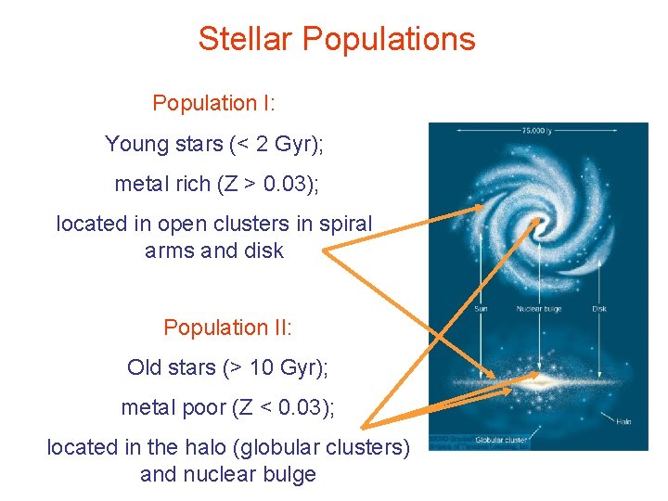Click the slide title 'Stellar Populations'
click(x=336, y=39)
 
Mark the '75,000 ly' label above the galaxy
click(x=539, y=132)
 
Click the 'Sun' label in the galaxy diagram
click(x=481, y=308)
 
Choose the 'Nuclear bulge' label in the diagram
click(x=539, y=308)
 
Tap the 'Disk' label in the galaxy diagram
click(x=599, y=308)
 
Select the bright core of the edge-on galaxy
click(x=537, y=379)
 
